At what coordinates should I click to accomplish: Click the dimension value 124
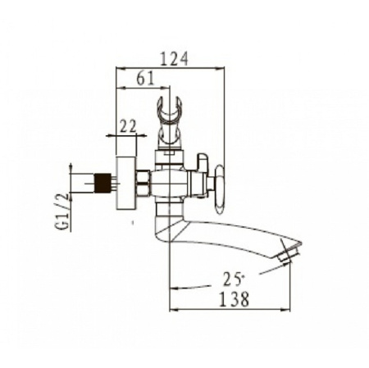tap(174, 59)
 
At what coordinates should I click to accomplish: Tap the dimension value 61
tap(145, 79)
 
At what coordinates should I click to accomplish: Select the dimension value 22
tap(128, 126)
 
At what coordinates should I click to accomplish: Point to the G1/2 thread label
tap(63, 211)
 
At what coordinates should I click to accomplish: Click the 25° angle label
tap(233, 279)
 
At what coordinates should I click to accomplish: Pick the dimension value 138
tap(235, 299)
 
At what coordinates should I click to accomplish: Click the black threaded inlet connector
tap(102, 183)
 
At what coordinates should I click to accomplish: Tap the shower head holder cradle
tap(170, 120)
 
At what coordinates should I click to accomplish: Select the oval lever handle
tap(220, 189)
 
